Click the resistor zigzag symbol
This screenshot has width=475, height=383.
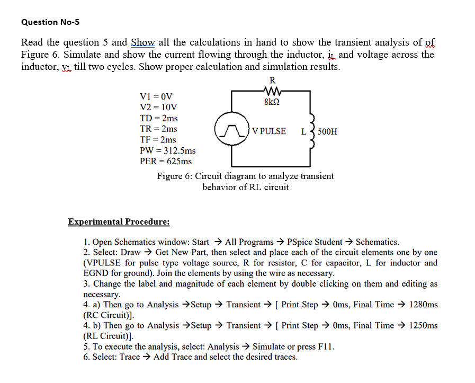click(272, 91)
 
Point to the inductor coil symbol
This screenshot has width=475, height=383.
click(313, 131)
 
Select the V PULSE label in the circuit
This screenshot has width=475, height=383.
click(269, 131)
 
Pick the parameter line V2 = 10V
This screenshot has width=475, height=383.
click(158, 107)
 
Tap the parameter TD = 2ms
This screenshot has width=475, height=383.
click(158, 118)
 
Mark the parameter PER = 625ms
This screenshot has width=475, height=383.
click(165, 161)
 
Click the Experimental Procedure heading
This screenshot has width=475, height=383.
click(119, 221)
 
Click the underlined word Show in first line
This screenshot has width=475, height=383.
click(142, 42)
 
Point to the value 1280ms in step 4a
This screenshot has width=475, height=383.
click(424, 304)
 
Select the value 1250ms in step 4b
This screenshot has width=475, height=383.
click(424, 325)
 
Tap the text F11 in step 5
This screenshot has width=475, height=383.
click(326, 346)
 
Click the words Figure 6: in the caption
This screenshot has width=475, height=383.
click(175, 176)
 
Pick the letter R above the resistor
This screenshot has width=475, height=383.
click(272, 81)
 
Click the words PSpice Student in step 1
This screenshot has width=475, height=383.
click(316, 242)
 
